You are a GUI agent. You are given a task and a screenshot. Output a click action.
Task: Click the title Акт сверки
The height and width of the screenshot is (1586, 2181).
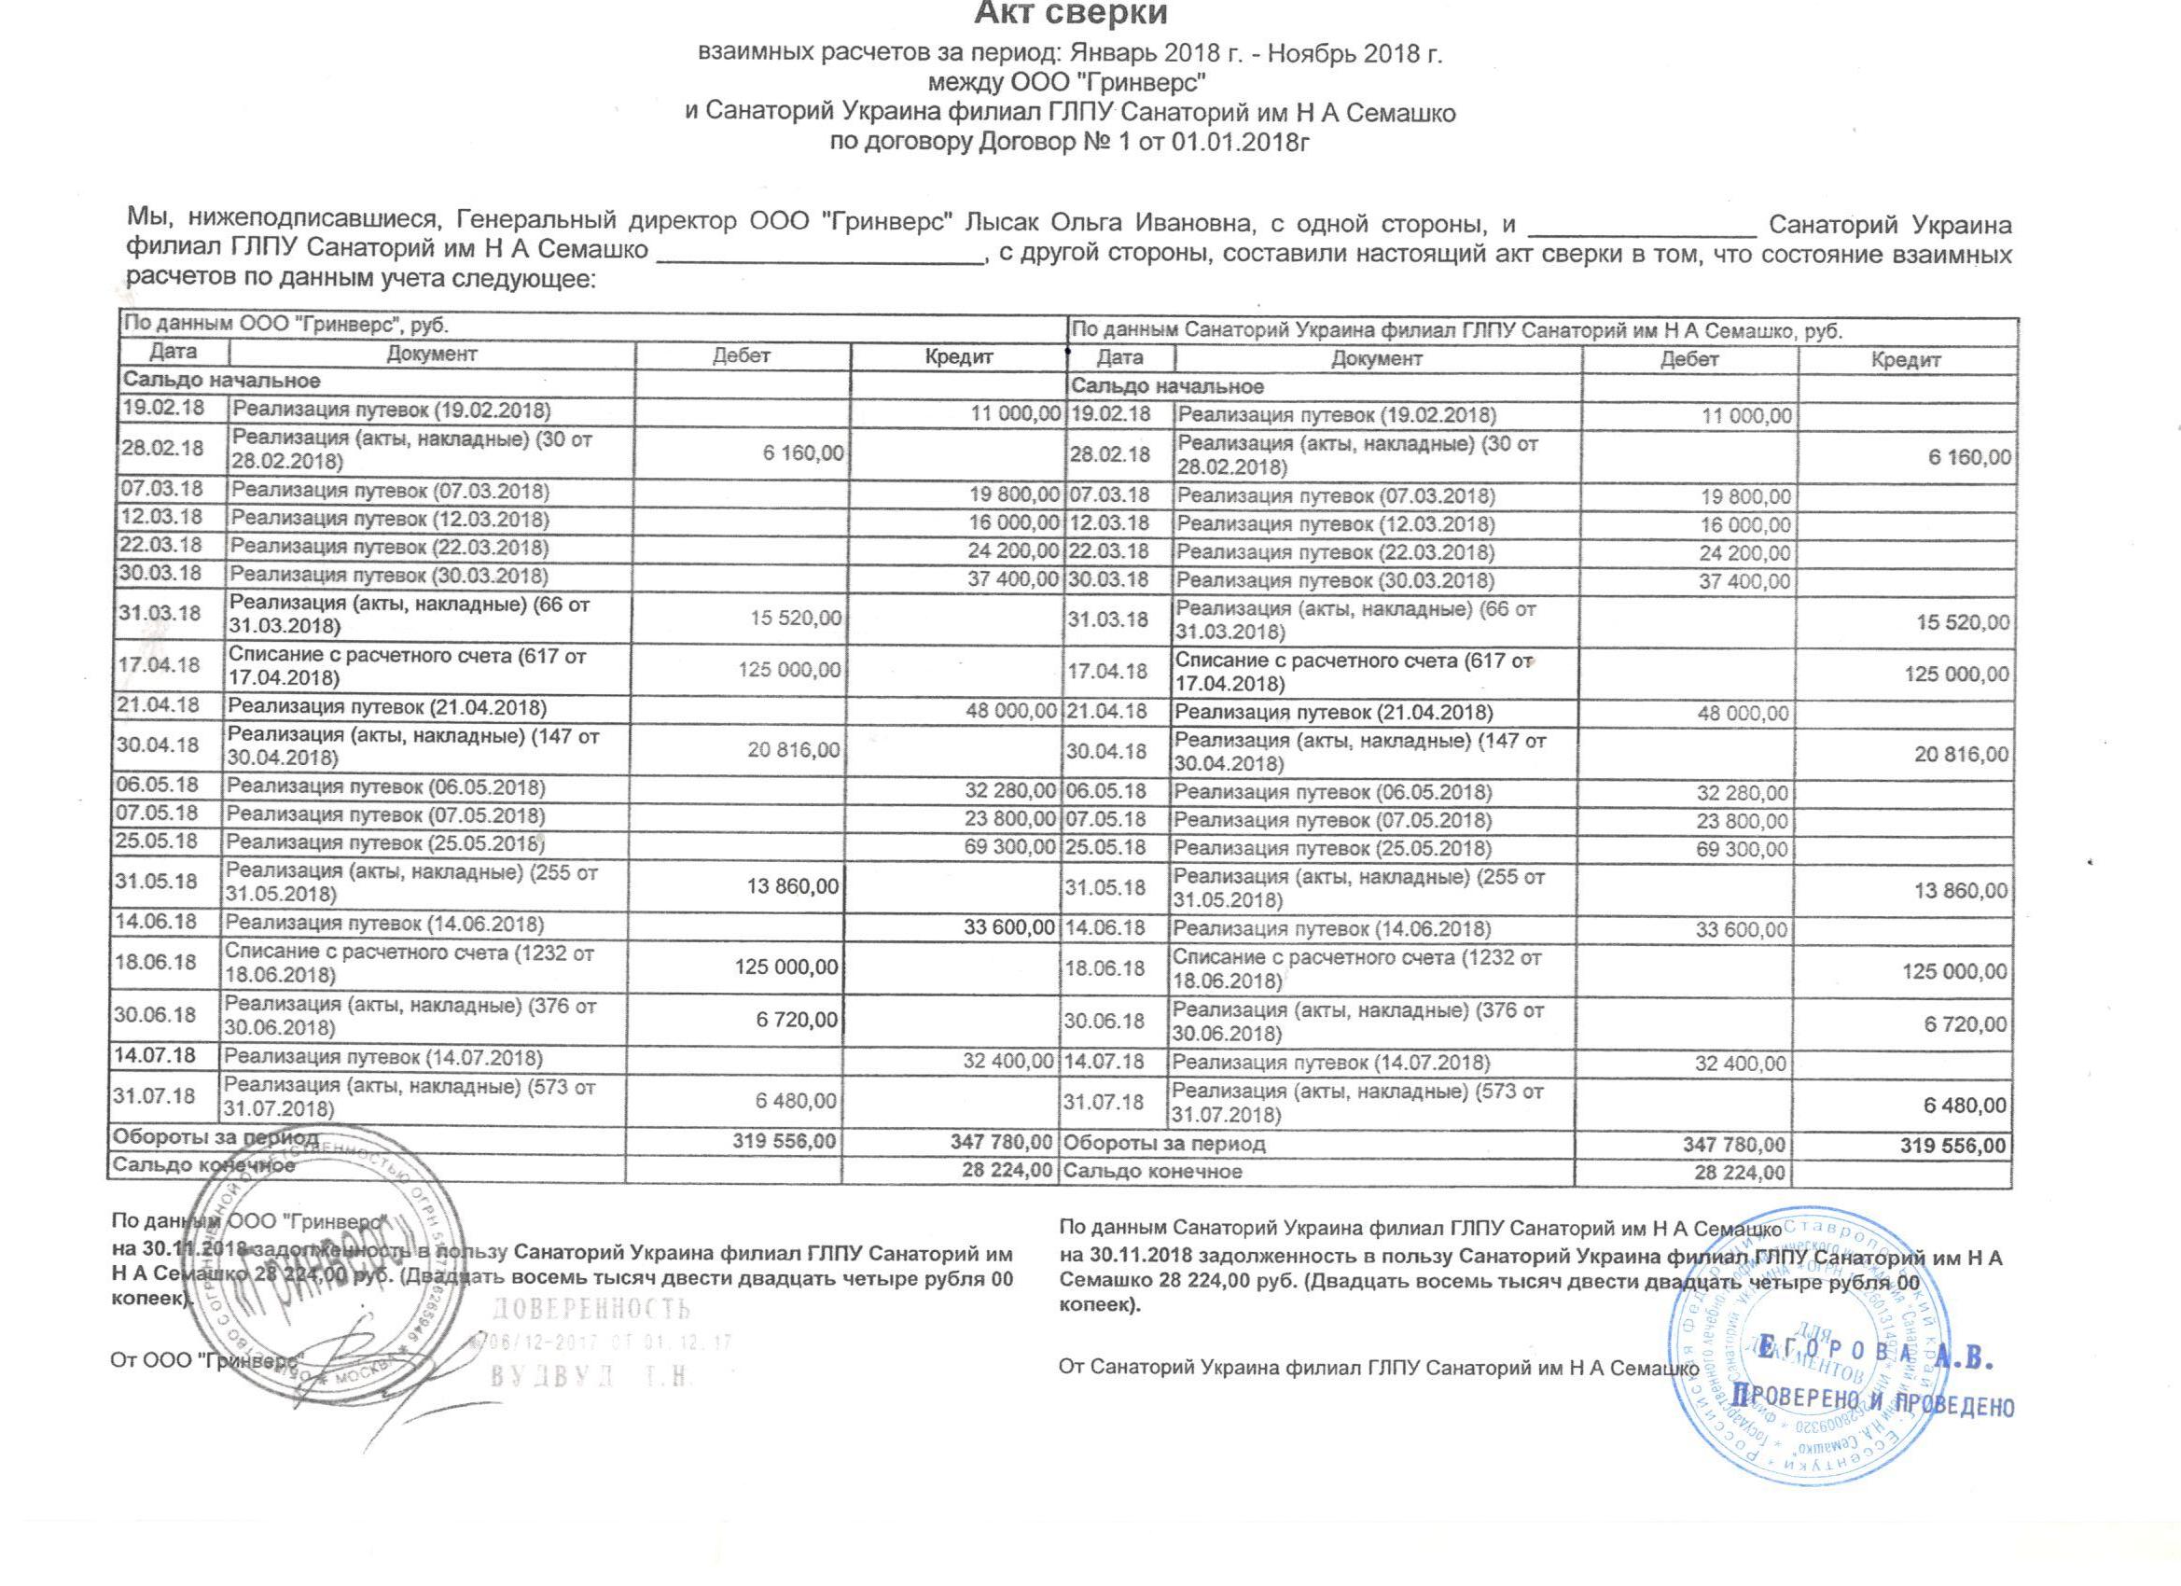tap(1070, 14)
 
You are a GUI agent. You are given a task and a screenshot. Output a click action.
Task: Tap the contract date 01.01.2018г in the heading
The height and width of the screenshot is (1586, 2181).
tap(1242, 143)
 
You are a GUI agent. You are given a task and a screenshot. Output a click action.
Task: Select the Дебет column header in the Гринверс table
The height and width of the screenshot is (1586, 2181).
tap(742, 355)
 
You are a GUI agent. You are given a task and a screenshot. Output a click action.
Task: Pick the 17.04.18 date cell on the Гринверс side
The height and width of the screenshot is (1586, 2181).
tap(159, 664)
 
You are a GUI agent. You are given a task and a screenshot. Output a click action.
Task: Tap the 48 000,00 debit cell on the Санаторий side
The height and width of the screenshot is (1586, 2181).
tap(1749, 714)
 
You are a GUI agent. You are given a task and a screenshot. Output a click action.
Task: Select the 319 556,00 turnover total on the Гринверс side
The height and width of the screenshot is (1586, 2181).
tap(785, 1142)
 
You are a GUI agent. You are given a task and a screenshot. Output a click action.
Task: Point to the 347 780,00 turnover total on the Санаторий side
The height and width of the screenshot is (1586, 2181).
tap(1734, 1146)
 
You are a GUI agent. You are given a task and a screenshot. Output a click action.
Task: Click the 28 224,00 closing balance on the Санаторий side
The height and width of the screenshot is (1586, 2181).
tap(1740, 1174)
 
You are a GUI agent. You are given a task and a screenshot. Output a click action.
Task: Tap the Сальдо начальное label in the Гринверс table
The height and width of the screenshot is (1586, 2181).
tap(221, 381)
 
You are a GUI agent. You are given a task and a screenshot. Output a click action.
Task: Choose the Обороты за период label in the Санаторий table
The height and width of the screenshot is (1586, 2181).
tap(1163, 1145)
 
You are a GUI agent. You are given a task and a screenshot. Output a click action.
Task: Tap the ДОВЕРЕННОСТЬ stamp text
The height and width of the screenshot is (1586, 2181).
tap(591, 1310)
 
